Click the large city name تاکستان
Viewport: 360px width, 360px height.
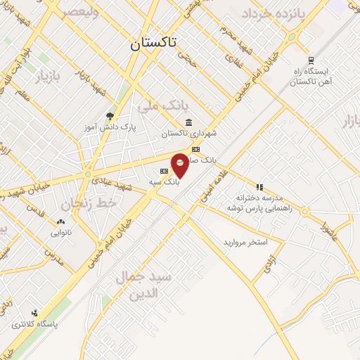153,43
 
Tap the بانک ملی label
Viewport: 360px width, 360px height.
164,107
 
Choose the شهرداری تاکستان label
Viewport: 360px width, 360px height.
184,132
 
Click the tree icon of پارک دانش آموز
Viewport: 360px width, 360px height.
109,117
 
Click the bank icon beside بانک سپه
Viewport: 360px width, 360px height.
164,171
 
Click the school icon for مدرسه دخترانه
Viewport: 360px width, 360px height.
259,188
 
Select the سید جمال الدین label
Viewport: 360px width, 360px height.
143,285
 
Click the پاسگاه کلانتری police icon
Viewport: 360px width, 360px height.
34,314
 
